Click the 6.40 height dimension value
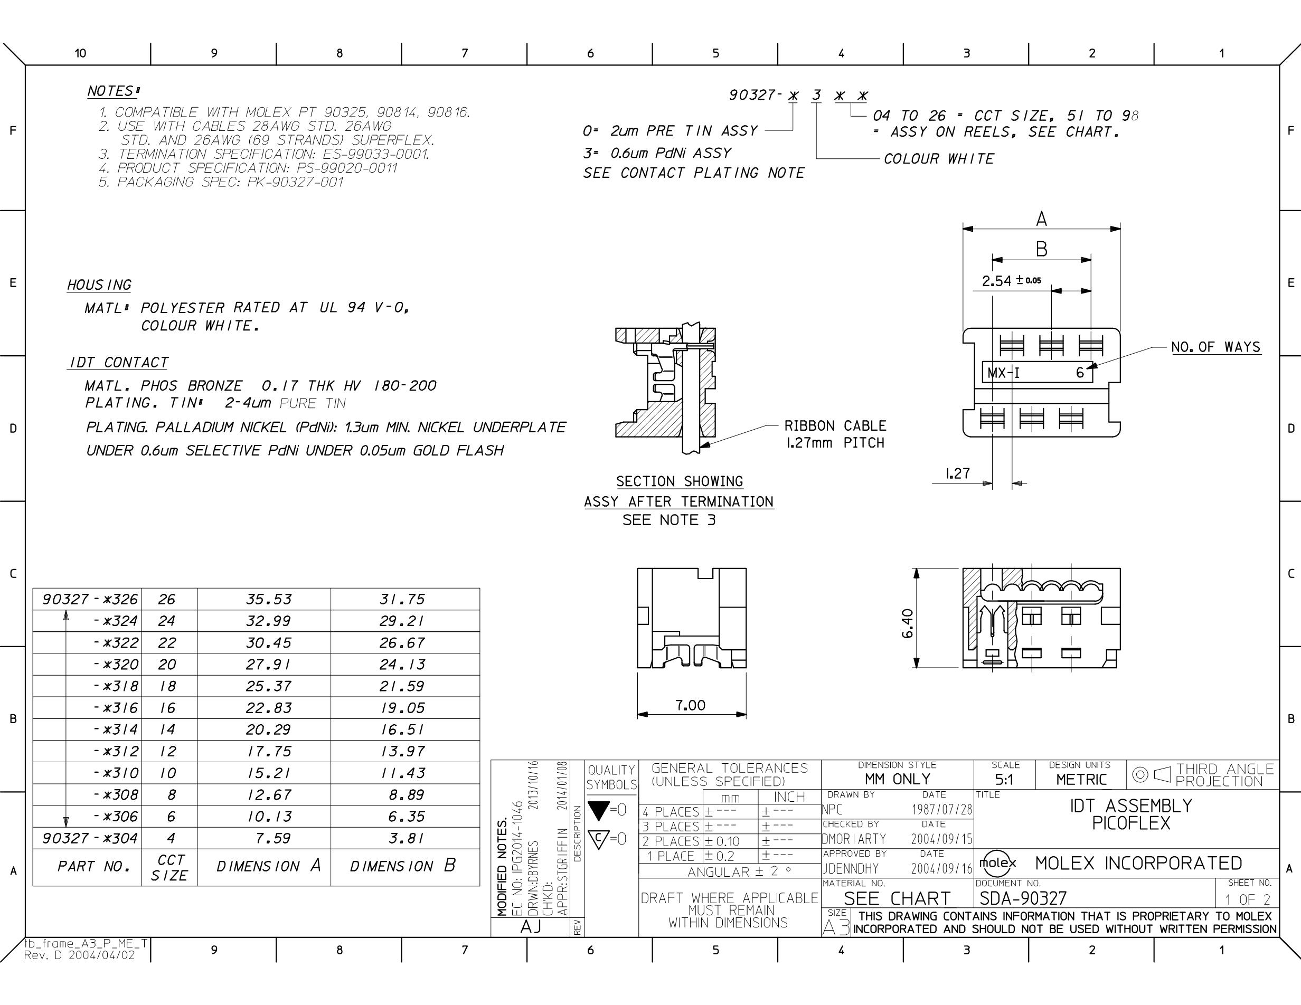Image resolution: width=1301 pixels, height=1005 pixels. (x=907, y=623)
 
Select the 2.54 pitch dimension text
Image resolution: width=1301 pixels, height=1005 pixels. (x=1012, y=280)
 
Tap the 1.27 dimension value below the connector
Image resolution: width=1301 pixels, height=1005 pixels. (x=958, y=473)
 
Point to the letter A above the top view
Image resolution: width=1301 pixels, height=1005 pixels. (x=1041, y=219)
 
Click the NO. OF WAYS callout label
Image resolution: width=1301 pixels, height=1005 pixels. (x=1216, y=347)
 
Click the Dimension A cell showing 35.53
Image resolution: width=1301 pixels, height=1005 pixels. (x=269, y=599)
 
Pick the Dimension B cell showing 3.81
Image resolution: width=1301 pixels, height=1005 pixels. (x=406, y=838)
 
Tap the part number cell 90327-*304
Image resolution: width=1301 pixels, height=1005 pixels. (x=90, y=838)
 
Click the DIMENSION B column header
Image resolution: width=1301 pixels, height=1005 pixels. (x=403, y=866)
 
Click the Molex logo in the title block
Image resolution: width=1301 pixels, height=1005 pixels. (x=998, y=862)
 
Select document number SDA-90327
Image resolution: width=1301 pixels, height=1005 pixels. (x=1023, y=898)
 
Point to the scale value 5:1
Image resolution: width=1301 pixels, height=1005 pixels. (x=1004, y=780)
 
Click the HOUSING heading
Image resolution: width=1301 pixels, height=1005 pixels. (x=99, y=285)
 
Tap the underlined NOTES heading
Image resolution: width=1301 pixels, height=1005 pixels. (x=113, y=91)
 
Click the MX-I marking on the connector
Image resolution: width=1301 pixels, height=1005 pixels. (x=1004, y=373)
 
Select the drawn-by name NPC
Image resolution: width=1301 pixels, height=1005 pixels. (x=832, y=810)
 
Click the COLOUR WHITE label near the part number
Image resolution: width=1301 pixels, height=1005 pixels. (x=939, y=159)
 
